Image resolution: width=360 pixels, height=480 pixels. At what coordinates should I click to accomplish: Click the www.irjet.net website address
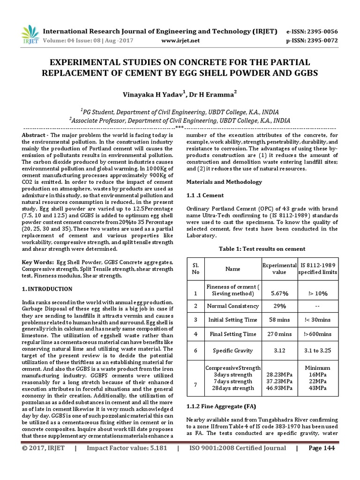[x=180, y=41]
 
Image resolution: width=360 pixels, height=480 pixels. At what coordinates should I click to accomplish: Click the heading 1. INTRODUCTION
[x=47, y=289]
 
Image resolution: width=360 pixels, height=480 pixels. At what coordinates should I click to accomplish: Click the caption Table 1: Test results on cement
[x=262, y=249]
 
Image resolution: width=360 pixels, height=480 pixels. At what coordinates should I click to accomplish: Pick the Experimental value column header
[x=279, y=269]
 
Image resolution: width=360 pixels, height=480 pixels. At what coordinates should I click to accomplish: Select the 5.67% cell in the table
[x=279, y=293]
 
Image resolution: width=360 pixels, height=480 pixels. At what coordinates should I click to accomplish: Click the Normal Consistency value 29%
[x=279, y=306]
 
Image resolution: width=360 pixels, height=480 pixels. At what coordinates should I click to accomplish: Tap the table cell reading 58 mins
[x=279, y=320]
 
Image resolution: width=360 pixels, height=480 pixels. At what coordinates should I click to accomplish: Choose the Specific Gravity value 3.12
[x=279, y=350]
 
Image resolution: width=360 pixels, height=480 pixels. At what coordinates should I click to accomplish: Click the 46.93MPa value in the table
[x=279, y=388]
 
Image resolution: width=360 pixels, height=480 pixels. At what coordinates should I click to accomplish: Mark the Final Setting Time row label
[x=232, y=334]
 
